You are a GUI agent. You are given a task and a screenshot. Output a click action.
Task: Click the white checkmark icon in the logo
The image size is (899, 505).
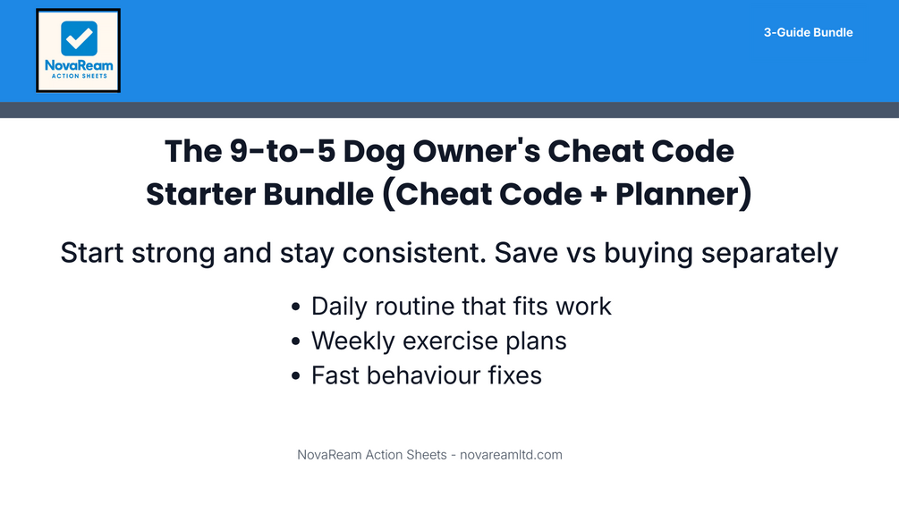79,38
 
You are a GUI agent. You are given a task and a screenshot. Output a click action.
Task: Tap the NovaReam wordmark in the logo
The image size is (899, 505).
79,65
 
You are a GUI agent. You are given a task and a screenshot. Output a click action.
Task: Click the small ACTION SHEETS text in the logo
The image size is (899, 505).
79,76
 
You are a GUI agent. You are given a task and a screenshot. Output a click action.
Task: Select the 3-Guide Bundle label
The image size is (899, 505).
808,33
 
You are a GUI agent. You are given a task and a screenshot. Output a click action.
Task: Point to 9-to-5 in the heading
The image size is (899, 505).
282,151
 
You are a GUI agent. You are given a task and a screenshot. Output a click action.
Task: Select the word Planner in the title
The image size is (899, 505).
677,194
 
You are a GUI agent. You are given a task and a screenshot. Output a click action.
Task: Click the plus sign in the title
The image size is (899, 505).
598,195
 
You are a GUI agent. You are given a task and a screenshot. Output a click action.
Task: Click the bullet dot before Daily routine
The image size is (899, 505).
295,307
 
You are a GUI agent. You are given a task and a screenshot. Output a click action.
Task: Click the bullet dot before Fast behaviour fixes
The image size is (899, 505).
295,376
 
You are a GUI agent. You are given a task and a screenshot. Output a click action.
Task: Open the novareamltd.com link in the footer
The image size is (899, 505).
511,455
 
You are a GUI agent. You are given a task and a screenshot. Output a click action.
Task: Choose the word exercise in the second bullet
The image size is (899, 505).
450,341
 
